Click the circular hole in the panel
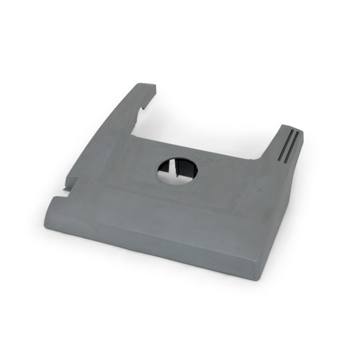[177, 170]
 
